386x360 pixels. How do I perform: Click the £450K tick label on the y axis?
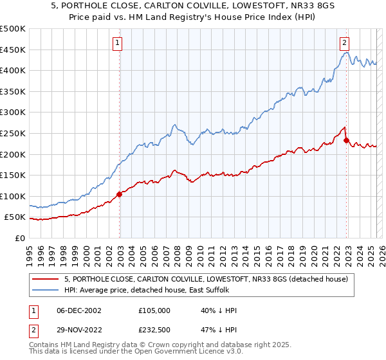13,50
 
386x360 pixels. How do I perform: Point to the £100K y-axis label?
13,196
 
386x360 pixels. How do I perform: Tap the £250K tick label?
13,133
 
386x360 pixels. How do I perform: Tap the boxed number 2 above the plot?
345,43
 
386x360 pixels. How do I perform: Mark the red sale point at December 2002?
120,194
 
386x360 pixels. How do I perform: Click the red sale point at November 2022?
346,140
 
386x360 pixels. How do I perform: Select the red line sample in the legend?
46,279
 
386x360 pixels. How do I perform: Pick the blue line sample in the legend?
46,291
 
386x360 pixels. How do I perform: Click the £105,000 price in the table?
154,310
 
